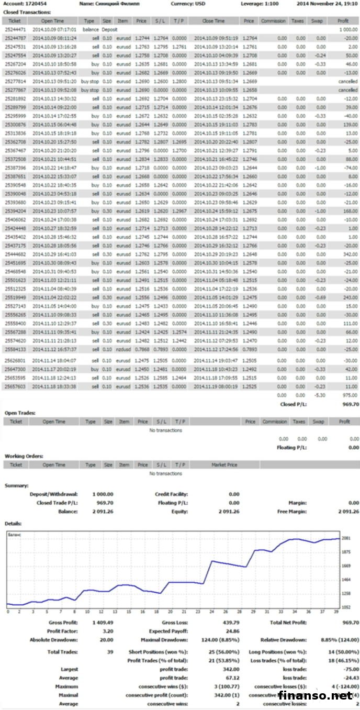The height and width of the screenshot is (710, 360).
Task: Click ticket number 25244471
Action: click(16, 30)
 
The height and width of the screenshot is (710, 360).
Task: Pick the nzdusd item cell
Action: click(123, 349)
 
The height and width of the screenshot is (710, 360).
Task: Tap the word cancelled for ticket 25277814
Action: click(348, 82)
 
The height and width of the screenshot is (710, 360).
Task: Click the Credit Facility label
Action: click(171, 494)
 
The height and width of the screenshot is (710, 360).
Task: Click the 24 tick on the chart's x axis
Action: click(211, 612)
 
